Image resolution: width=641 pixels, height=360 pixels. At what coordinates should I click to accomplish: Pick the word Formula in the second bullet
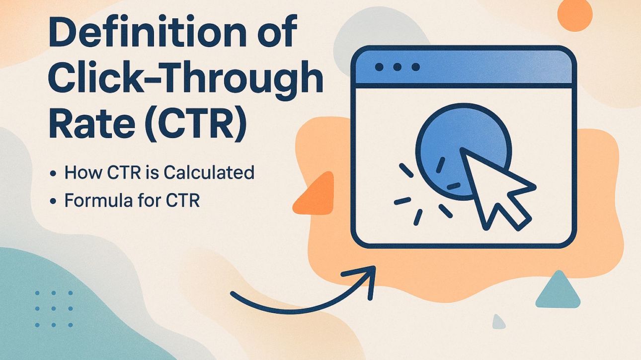click(x=97, y=201)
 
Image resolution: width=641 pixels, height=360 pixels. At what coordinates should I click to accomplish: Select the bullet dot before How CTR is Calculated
click(x=53, y=174)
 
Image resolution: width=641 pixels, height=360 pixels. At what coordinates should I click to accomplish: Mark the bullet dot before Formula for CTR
click(x=53, y=202)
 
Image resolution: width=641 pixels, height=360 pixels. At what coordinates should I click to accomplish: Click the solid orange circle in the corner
click(x=575, y=15)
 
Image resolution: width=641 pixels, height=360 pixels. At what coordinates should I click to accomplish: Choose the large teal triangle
click(x=558, y=291)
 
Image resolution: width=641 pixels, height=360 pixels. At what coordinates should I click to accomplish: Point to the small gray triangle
click(x=498, y=322)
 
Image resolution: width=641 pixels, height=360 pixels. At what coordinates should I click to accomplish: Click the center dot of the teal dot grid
click(x=53, y=309)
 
